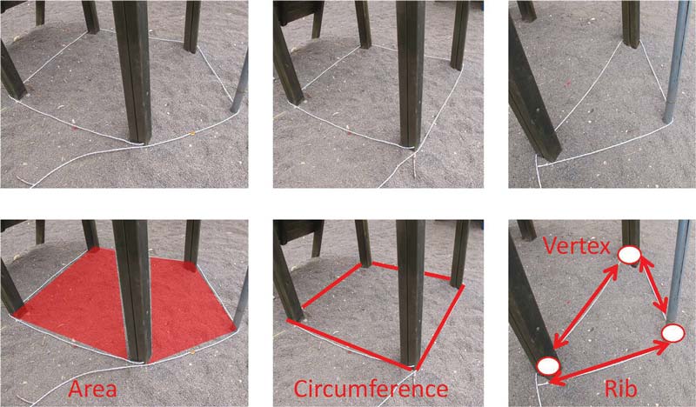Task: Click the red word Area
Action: coord(93,389)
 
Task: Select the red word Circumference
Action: coord(371,389)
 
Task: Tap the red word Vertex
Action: coord(575,245)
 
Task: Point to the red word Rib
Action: coord(620,389)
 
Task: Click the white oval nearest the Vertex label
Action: coord(629,255)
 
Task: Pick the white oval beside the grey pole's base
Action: coord(673,333)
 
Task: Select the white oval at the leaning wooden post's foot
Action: coord(548,366)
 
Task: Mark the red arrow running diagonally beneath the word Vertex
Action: coord(586,306)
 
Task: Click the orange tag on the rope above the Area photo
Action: coord(192,132)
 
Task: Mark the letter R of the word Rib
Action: coord(611,389)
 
